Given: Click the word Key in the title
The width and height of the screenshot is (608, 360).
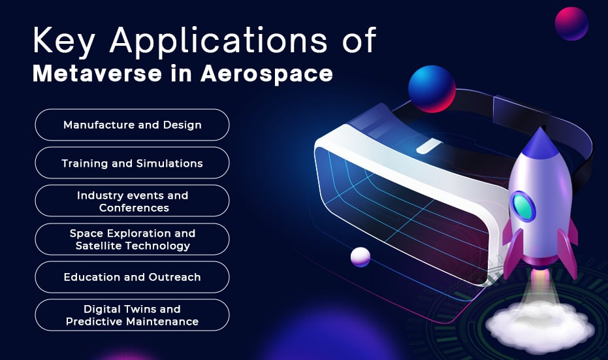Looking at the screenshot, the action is (64, 41).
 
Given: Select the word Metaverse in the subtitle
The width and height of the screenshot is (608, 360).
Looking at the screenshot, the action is (97, 73).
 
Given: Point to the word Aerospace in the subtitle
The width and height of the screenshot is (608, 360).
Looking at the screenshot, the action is (266, 74).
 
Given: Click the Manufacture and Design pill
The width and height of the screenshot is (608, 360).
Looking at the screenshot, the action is (132, 125).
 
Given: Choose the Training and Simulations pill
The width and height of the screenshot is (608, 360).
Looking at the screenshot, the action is (132, 163).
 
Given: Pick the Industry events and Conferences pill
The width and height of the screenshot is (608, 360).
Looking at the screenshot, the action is (132, 201).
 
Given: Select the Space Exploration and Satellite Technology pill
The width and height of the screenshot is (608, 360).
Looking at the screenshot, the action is (132, 239).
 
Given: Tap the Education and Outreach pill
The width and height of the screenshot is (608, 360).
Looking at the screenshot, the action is (132, 277).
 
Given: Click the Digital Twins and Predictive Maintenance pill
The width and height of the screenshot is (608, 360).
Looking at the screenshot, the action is (132, 315).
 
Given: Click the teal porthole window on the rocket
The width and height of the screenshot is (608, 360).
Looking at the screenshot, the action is (522, 206).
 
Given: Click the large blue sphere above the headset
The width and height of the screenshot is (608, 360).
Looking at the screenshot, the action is (432, 89).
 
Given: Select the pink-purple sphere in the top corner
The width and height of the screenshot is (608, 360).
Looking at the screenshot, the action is (571, 24).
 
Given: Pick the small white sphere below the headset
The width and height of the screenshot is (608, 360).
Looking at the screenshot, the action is (360, 257).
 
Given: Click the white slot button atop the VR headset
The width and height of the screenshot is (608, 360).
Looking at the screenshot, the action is (428, 146).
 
